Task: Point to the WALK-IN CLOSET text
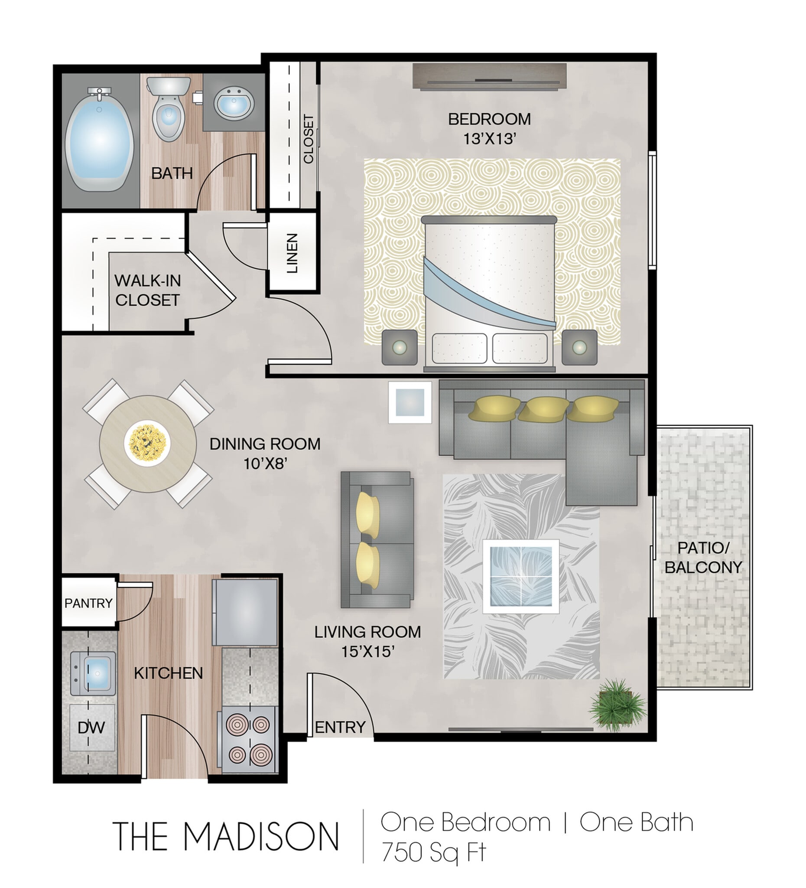pos(147,290)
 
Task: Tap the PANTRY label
pos(88,603)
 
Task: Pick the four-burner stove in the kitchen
pos(249,740)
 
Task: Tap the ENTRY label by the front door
pos(340,727)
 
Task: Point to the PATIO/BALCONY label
pos(703,558)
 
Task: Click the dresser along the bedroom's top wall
pos(489,77)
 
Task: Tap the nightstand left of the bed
pos(399,347)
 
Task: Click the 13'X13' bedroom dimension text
pos(489,139)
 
